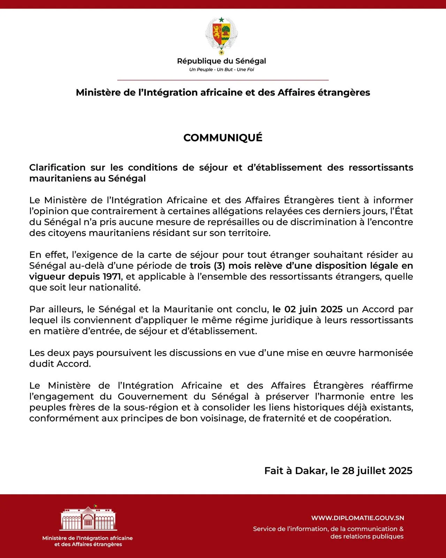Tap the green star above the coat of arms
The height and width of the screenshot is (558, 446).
(221, 20)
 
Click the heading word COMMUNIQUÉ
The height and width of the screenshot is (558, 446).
(223, 138)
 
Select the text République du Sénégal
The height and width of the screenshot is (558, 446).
(221, 61)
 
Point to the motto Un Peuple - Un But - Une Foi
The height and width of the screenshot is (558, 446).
(221, 70)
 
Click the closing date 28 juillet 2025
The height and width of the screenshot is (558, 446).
(377, 471)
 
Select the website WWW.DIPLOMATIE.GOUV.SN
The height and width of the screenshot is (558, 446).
(357, 518)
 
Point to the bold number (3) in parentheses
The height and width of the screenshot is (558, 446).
(219, 266)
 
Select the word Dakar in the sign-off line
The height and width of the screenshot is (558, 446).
(311, 471)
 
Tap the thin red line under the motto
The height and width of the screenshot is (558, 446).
(223, 80)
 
